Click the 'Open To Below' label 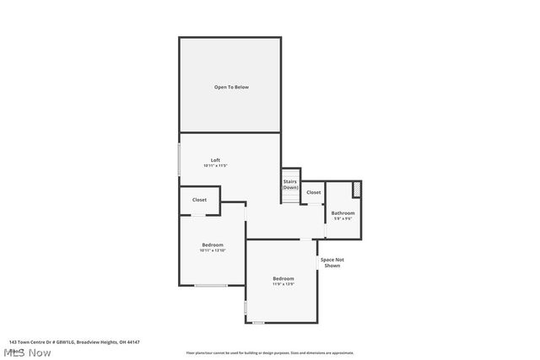(230, 87)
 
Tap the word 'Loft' (215, 159)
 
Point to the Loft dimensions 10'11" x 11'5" (215, 166)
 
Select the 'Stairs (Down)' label (289, 184)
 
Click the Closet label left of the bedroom (199, 200)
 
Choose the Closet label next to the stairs (313, 192)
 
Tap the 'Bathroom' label (343, 212)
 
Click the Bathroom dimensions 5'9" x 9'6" (343, 219)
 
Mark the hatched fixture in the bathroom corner (357, 189)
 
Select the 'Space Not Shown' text (332, 262)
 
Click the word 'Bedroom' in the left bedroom (212, 244)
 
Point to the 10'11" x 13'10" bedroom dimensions (212, 250)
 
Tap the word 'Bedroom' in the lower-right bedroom (283, 278)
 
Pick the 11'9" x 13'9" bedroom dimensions (283, 284)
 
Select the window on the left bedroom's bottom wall (211, 286)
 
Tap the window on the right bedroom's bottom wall (258, 323)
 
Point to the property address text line (74, 341)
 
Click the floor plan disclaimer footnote (270, 353)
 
